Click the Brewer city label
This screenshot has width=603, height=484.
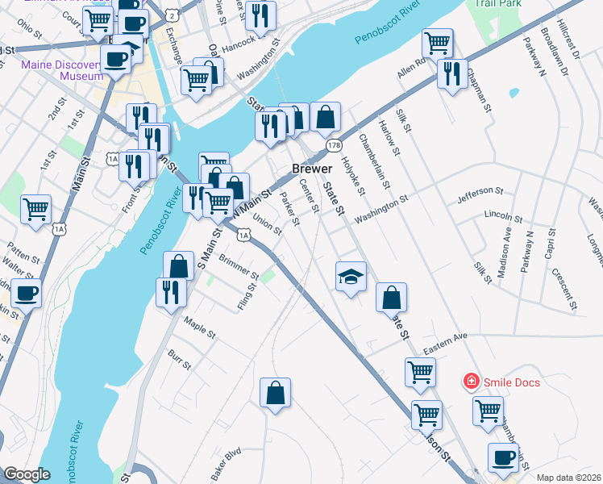(311, 169)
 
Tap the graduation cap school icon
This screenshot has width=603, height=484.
(351, 277)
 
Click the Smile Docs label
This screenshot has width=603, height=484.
(511, 382)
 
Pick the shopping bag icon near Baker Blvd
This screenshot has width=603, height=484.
(275, 393)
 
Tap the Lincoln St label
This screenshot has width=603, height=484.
(503, 215)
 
